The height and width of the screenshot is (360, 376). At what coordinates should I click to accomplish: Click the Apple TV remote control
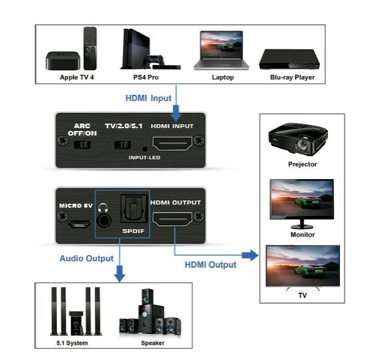coord(90,48)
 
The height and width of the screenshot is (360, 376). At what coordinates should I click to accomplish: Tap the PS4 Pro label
coord(146,77)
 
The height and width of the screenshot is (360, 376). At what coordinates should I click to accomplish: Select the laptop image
coord(221,50)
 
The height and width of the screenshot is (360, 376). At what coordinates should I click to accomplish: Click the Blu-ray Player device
coord(289,59)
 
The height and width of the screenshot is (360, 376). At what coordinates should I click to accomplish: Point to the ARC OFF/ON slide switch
coord(82,145)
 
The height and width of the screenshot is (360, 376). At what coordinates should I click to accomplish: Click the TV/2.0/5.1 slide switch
coord(122,145)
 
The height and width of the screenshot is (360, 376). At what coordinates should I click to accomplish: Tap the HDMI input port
coord(172,144)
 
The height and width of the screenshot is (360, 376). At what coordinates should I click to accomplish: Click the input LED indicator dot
coord(145,149)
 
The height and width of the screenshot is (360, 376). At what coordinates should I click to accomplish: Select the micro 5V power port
coord(79,224)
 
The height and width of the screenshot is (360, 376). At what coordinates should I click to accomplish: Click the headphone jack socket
coord(104,220)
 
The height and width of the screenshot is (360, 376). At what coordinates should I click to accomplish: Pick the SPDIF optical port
coord(134,209)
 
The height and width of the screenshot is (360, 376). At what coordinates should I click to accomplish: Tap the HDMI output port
coord(172,219)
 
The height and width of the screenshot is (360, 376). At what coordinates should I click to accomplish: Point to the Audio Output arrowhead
coord(120,273)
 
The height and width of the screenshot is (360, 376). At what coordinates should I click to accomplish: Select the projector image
coord(299,139)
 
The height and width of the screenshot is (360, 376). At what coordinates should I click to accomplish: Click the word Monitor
coord(303,234)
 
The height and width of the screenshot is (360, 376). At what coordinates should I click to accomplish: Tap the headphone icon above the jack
coord(103,208)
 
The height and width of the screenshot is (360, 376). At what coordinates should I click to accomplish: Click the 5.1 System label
coord(72,343)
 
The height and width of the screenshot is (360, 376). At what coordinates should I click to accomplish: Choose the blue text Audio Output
coord(87,258)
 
